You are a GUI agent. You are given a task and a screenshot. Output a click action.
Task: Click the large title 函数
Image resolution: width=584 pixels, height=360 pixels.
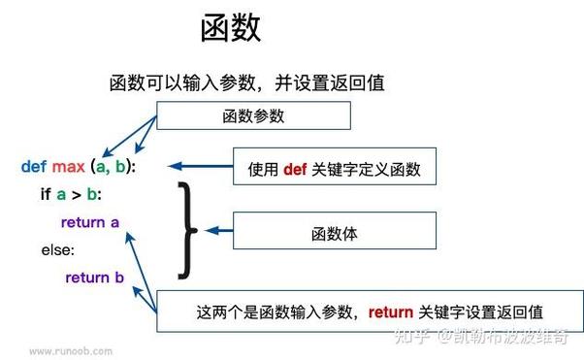231,28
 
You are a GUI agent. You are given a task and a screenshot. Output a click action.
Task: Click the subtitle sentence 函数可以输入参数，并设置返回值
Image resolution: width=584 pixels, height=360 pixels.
248,83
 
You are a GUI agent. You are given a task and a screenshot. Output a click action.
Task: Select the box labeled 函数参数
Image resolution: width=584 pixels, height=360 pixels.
252,116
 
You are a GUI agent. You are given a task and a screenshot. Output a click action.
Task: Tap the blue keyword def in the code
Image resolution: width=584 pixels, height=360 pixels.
33,166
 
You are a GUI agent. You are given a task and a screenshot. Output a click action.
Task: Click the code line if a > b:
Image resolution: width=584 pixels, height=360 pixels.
71,194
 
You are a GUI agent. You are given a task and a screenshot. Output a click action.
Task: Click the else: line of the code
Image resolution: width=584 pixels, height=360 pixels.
56,249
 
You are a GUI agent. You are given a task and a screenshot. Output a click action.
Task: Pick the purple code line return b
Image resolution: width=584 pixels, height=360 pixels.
94,278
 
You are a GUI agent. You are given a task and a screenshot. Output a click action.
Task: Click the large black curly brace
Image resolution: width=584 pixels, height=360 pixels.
185,229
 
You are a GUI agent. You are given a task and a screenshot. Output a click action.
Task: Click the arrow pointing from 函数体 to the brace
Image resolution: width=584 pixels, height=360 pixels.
218,231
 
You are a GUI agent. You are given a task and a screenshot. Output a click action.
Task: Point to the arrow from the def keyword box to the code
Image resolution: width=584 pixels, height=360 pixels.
194,166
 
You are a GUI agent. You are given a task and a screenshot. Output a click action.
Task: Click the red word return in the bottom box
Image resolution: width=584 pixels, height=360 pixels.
391,311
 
